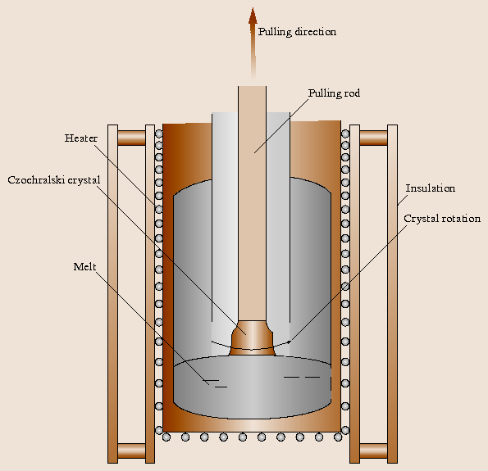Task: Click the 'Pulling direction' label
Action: tap(297, 32)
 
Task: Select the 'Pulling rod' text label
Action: tap(334, 93)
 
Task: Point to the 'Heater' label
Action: tap(81, 138)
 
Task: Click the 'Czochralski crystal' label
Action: tap(52, 179)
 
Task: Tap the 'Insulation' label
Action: tap(430, 188)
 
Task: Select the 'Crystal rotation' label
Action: tap(441, 219)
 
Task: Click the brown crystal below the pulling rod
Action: tap(252, 338)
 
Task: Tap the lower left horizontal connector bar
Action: tap(131, 450)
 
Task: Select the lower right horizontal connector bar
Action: tap(374, 450)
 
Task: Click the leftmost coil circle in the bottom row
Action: tap(166, 437)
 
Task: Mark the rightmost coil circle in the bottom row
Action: tap(338, 437)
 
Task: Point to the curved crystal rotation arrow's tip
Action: tap(289, 342)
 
